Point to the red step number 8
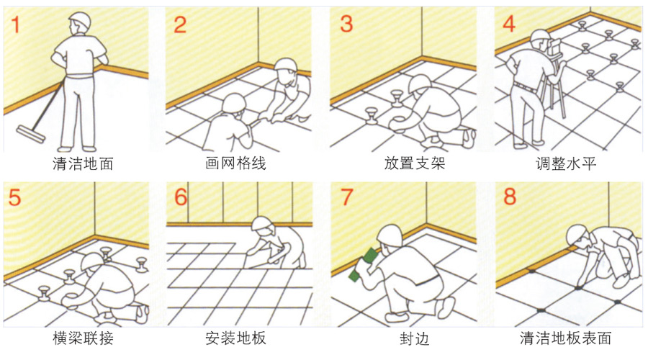pyautogui.click(x=510, y=197)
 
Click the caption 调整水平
pyautogui.click(x=567, y=163)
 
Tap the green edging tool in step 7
pyautogui.click(x=364, y=265)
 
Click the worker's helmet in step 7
pyautogui.click(x=390, y=234)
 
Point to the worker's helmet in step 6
pyautogui.click(x=263, y=224)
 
